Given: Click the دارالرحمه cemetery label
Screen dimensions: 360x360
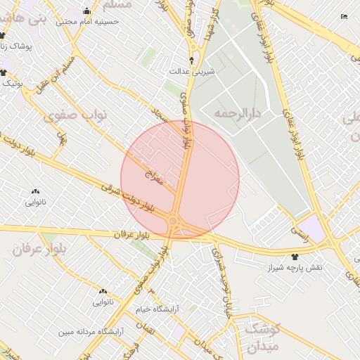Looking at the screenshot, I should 238,112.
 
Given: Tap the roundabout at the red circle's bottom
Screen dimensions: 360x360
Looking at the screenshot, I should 173,222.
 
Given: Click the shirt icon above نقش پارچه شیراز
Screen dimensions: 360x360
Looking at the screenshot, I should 294,257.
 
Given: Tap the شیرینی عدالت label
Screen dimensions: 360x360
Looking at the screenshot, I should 192,72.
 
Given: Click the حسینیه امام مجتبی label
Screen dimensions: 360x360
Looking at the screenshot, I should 87,21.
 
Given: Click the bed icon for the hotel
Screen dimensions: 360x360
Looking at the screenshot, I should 344,16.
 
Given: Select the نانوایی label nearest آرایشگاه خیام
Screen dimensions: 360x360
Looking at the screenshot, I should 101,302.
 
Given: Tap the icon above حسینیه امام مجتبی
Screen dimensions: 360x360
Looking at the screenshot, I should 87,11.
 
